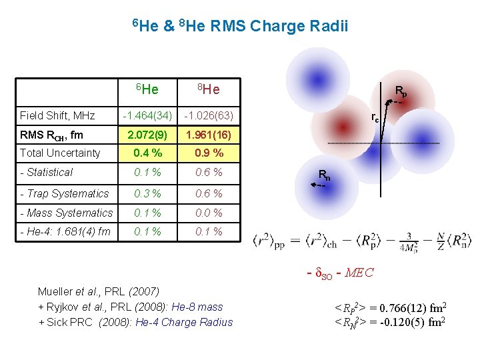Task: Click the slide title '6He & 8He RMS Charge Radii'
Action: (239, 27)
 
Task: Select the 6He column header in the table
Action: (147, 89)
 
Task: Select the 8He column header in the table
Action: (208, 89)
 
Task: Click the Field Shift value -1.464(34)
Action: (147, 116)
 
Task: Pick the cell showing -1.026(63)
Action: (208, 116)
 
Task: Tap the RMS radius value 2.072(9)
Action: (147, 135)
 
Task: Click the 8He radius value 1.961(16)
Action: (208, 135)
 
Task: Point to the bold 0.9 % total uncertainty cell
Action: (208, 153)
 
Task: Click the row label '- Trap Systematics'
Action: (64, 193)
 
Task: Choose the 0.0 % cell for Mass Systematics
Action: (208, 213)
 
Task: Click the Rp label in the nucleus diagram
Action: (401, 91)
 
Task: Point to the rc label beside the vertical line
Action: (375, 119)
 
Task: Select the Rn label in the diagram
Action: (323, 176)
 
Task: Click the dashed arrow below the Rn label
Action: (318, 187)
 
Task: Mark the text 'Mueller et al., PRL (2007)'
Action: (98, 291)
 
